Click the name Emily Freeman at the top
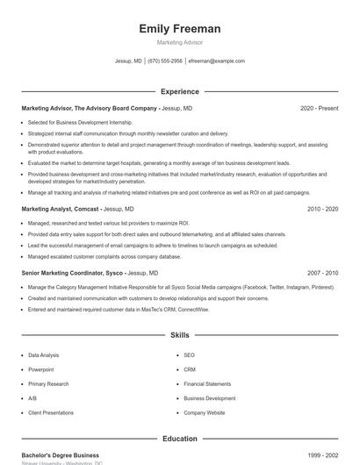[x=179, y=29]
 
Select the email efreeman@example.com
[x=217, y=61]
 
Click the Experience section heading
[x=179, y=91]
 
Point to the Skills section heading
[x=179, y=335]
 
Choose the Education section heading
[x=179, y=439]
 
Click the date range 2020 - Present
[x=319, y=108]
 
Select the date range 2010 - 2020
[x=322, y=210]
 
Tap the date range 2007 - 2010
[x=322, y=273]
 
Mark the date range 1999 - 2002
[x=322, y=456]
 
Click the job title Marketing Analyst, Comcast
[x=61, y=210]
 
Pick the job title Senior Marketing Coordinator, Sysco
[x=72, y=273]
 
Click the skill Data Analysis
[x=44, y=355]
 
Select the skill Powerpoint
[x=41, y=369]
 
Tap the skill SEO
[x=189, y=355]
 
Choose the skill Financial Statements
[x=207, y=383]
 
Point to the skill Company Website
[x=205, y=412]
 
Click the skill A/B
[x=32, y=398]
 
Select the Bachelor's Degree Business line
[x=60, y=456]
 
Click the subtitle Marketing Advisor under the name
[x=179, y=43]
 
